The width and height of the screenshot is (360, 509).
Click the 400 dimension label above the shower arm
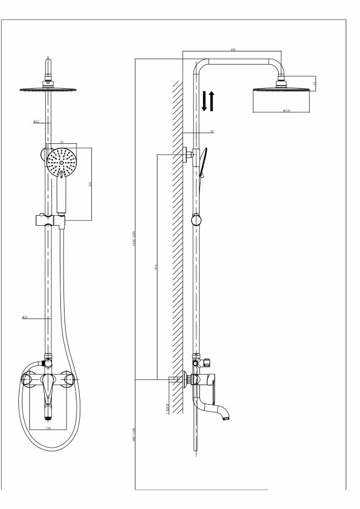tap(232, 50)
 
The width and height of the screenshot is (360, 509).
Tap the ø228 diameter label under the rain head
tap(287, 111)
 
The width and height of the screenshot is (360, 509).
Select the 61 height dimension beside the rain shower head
tap(314, 83)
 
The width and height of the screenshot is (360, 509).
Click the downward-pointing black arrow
tap(205, 101)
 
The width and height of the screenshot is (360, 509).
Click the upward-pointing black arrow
tap(212, 101)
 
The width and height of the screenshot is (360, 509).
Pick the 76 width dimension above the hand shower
tap(61, 142)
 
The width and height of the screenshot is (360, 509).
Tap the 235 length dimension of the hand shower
tap(90, 184)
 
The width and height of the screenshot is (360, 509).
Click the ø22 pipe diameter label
tap(36, 122)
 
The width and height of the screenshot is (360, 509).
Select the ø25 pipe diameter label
tap(25, 317)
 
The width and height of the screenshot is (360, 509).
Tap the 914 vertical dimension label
tap(156, 267)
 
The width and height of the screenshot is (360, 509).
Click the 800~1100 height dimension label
tap(134, 434)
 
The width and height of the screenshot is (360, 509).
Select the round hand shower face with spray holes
tap(61, 163)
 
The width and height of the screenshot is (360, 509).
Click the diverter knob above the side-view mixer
tap(207, 362)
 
